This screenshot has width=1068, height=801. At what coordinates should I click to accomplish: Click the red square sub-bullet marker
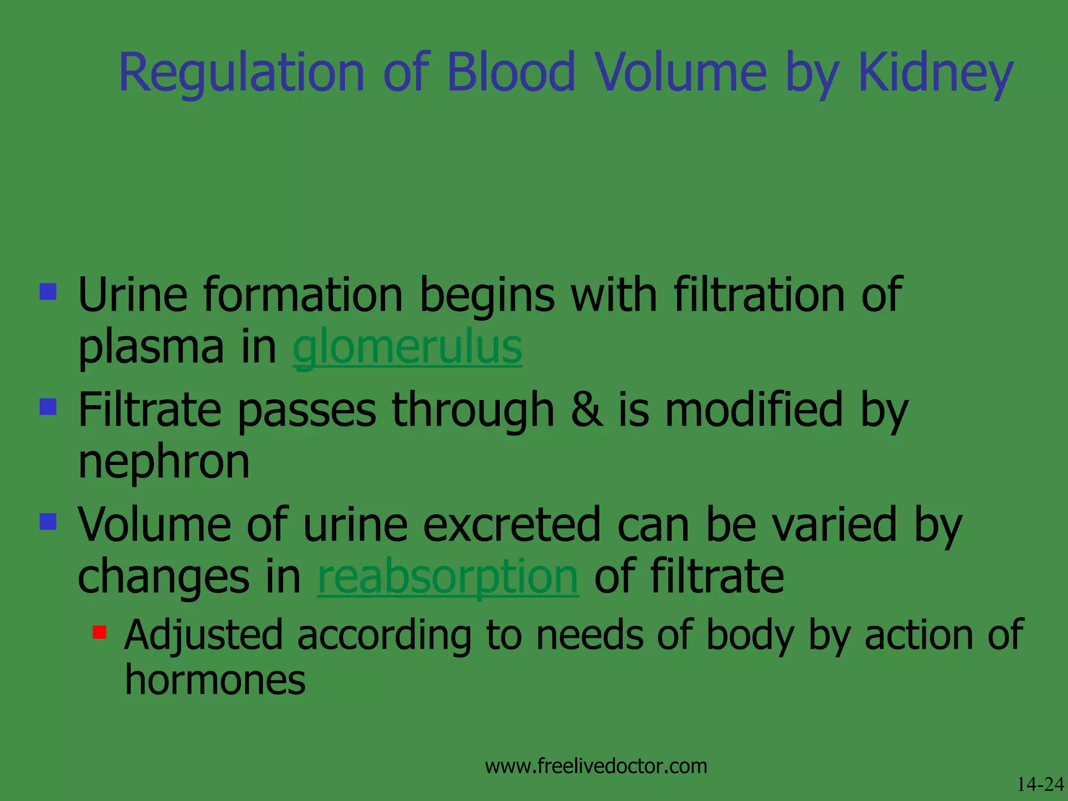99,633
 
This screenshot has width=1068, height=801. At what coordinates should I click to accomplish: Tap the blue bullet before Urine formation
48,292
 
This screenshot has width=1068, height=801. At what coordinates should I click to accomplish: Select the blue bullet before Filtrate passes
48,406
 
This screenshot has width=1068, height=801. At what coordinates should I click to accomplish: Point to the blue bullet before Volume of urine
48,521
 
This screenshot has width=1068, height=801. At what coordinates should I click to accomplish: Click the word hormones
215,680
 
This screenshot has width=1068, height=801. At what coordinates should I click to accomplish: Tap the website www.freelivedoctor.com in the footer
596,766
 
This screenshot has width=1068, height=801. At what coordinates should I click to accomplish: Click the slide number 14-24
1040,784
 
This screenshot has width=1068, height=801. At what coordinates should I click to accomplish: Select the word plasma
151,348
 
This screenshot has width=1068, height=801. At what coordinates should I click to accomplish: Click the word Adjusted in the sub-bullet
203,635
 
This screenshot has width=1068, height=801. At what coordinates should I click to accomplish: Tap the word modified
754,410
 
